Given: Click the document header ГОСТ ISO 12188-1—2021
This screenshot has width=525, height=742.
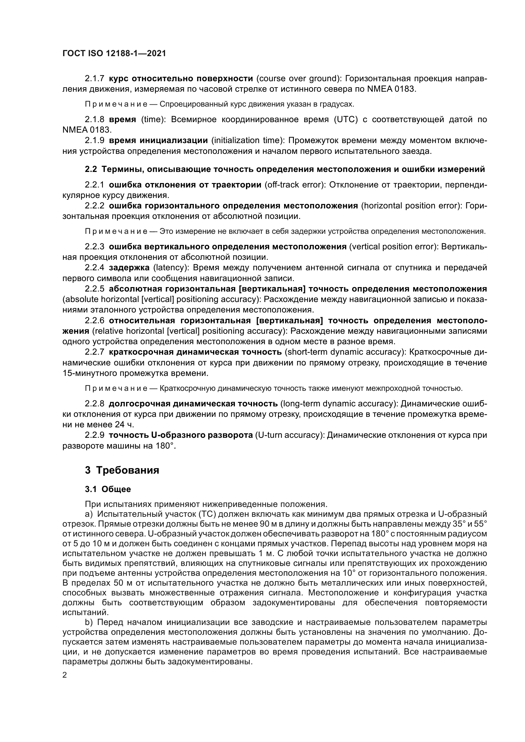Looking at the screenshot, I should coord(114,54).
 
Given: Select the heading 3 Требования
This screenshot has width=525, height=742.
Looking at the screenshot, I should coord(122,470).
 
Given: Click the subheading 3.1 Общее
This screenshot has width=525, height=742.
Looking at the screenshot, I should coord(108,489).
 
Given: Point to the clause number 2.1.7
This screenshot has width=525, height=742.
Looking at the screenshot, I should coord(94,79).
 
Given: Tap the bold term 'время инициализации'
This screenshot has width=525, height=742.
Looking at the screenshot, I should coord(158,140).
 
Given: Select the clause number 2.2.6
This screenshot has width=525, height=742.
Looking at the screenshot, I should coord(94,321).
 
